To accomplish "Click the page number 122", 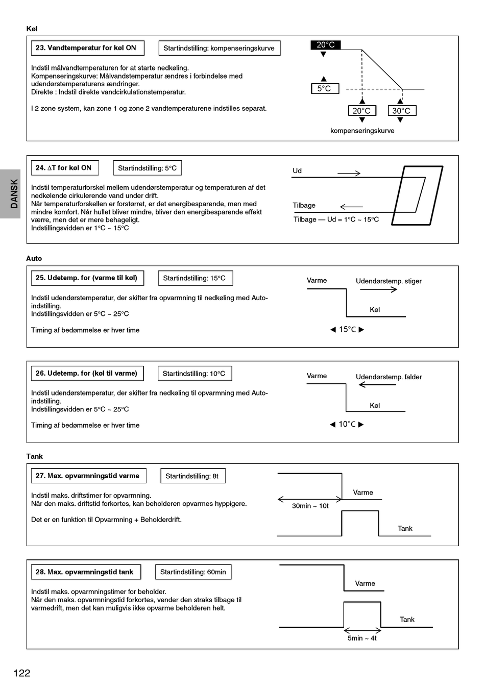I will [x=22, y=673].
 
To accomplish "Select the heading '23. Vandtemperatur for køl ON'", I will [x=86, y=48].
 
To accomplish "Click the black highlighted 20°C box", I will [x=326, y=45].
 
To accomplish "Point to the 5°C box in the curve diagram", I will [x=324, y=88].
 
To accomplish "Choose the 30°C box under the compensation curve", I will [x=401, y=111].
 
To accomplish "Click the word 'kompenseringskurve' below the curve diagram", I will [x=362, y=131].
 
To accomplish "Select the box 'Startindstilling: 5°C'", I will [x=147, y=168].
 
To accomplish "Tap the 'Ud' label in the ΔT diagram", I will [x=297, y=171].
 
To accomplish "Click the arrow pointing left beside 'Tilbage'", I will [x=351, y=207].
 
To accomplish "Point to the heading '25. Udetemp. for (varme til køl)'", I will [x=87, y=278].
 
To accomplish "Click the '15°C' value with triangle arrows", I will [x=347, y=330].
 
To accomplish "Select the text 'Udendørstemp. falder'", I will [x=389, y=377].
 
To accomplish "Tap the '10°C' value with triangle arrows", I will [x=347, y=424].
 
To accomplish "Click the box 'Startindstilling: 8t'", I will [x=192, y=476].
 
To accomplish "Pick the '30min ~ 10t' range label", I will [x=310, y=506].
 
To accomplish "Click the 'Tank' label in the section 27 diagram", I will [x=405, y=528].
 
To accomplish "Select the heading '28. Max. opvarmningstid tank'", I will [x=85, y=572].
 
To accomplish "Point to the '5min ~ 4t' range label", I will [x=362, y=638].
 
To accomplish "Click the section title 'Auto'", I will [x=34, y=258].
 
